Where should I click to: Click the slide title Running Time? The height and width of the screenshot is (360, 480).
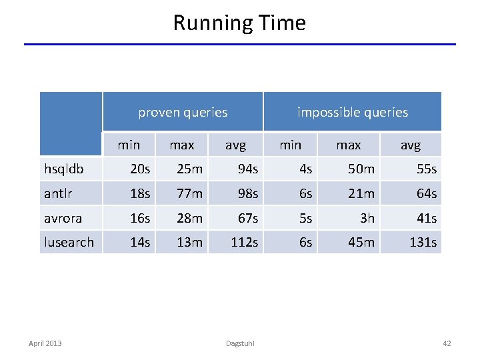(239, 23)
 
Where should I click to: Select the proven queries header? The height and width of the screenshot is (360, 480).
(183, 112)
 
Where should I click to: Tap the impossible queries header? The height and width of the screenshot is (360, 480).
(352, 112)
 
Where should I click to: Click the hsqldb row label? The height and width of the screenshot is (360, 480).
(64, 169)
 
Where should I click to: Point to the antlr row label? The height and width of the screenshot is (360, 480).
(58, 194)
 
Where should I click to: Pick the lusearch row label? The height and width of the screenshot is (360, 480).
(69, 242)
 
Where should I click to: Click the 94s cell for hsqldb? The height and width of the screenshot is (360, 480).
(247, 169)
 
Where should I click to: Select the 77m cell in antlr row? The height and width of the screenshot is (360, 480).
(189, 194)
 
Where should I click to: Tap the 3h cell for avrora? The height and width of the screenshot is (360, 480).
(367, 218)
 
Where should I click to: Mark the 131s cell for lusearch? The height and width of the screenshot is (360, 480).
(423, 242)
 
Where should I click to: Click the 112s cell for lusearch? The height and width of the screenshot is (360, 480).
(244, 242)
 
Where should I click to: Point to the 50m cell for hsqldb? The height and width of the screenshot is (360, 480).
(361, 169)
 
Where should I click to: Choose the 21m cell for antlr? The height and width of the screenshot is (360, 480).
(361, 194)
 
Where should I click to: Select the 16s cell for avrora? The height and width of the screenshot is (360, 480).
(140, 218)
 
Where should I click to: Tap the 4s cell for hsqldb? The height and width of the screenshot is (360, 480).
(305, 169)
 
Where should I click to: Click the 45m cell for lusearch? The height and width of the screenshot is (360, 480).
(361, 242)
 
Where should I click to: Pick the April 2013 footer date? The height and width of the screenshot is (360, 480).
(45, 343)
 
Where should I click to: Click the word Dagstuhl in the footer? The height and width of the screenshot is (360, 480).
(239, 343)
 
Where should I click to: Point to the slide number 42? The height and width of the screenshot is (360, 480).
(447, 343)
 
